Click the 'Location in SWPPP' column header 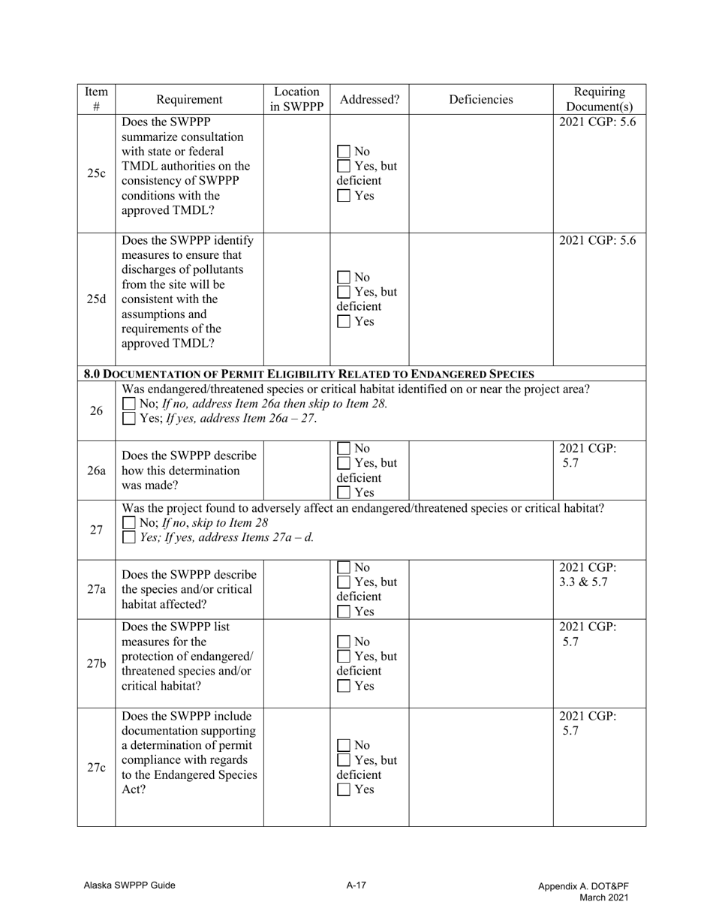pos(296,99)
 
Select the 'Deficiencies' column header pos(480,99)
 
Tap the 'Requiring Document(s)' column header pos(599,99)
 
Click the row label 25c pos(96,173)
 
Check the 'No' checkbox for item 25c pos(344,151)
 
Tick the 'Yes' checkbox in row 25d pos(344,322)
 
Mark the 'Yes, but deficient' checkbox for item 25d pos(344,292)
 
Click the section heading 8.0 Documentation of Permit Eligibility pos(309,374)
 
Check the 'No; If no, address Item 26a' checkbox pos(129,404)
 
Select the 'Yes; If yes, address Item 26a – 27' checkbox pos(129,418)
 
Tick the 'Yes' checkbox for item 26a pos(344,493)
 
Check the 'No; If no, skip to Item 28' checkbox pos(129,522)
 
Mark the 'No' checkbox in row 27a pos(344,567)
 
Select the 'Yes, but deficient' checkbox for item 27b pos(344,657)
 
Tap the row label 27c pos(96,767)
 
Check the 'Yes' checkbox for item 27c pos(344,789)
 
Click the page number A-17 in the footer pos(356,885)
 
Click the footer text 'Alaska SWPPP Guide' pos(129,885)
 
